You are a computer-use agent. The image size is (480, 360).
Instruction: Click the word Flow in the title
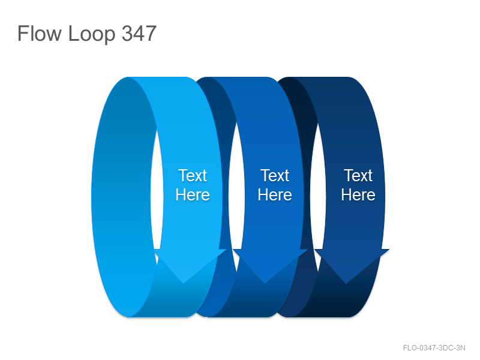click(x=39, y=33)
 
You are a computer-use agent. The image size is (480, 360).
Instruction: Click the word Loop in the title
click(x=92, y=34)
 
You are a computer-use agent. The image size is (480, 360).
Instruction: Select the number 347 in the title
click(x=139, y=33)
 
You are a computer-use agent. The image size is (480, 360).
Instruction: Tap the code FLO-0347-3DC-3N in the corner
click(x=434, y=348)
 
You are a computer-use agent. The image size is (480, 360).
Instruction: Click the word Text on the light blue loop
click(x=193, y=175)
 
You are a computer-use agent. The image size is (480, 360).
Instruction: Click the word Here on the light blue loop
click(x=193, y=194)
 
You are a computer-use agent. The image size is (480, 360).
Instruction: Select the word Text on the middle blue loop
click(x=275, y=175)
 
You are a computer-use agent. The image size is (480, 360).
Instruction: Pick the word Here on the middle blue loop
click(x=275, y=194)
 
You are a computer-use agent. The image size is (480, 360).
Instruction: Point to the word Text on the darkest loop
click(x=358, y=175)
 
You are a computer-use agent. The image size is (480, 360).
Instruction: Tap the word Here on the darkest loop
click(x=358, y=194)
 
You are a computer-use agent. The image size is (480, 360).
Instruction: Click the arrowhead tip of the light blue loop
click(x=184, y=284)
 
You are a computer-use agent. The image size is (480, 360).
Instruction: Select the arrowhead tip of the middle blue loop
click(x=265, y=284)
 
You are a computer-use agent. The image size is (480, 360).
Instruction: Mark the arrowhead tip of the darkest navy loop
click(x=346, y=284)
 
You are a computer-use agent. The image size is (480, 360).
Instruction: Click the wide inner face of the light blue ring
click(x=122, y=196)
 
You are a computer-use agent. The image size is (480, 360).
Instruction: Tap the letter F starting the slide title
click(x=22, y=33)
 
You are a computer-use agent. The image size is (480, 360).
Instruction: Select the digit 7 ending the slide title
click(x=151, y=33)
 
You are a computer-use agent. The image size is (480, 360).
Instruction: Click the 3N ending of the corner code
click(x=461, y=348)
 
